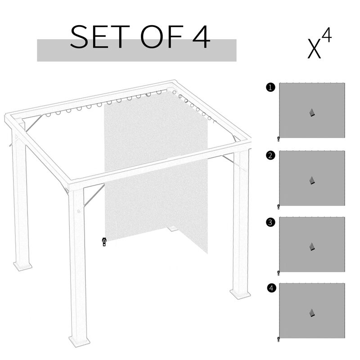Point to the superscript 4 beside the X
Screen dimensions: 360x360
click(x=327, y=36)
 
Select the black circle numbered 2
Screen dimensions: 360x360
click(x=270, y=156)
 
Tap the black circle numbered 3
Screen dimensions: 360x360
click(x=270, y=222)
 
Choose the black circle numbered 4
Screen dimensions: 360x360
click(x=270, y=288)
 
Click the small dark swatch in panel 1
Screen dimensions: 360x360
click(x=312, y=112)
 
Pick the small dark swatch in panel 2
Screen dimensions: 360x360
click(x=312, y=180)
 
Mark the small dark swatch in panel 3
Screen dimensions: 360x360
click(x=312, y=247)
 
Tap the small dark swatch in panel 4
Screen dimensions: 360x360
click(x=312, y=313)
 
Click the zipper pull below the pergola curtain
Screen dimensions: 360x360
click(x=104, y=242)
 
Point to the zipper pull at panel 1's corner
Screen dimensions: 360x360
click(x=279, y=139)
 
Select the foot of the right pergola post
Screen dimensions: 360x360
click(x=240, y=294)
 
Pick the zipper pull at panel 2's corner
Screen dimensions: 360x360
click(x=279, y=207)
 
